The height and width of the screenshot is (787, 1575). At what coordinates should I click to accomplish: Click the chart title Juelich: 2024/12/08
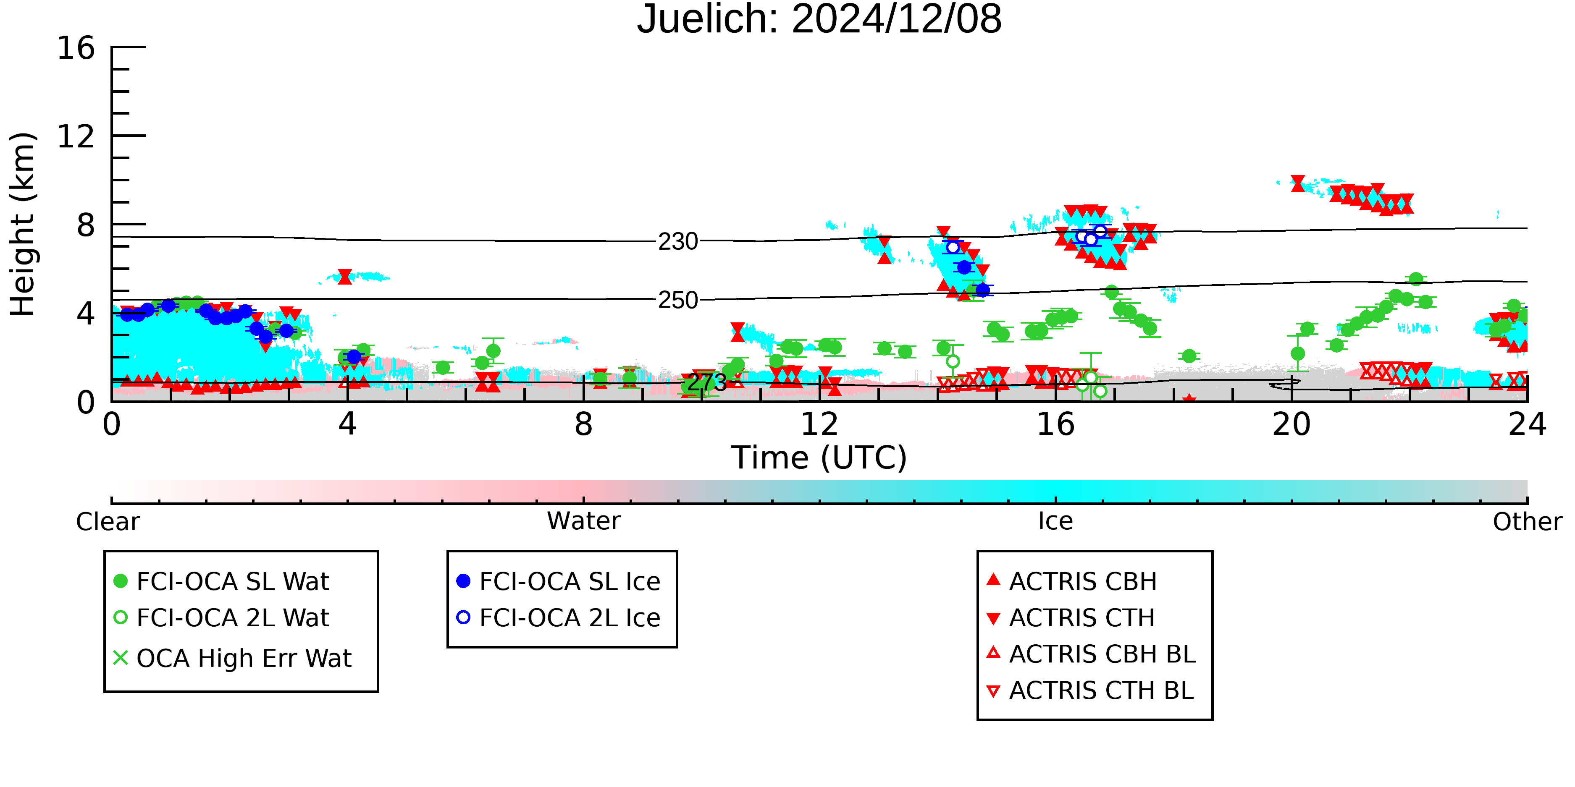(x=819, y=20)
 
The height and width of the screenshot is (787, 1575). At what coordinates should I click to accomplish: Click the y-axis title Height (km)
(x=23, y=224)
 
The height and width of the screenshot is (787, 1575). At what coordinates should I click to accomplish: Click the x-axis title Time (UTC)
(x=819, y=458)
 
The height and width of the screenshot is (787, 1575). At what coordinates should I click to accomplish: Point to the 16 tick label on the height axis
(x=76, y=48)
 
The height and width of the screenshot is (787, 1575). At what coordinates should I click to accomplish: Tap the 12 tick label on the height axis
(x=76, y=136)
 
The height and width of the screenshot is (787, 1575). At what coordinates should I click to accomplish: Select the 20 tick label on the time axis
(x=1291, y=425)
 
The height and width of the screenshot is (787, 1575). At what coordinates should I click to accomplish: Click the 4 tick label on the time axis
(x=347, y=425)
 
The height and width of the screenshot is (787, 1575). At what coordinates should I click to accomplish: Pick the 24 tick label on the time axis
(x=1527, y=425)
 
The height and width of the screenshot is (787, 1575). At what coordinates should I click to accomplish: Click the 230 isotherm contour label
(x=678, y=242)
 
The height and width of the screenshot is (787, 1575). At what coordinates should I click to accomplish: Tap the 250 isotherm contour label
(x=678, y=301)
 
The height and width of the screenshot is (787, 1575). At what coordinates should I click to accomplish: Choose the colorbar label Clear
(x=108, y=522)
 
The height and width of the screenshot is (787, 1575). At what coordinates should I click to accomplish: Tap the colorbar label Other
(x=1527, y=522)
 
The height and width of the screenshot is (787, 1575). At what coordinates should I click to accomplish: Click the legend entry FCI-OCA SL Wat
(x=221, y=581)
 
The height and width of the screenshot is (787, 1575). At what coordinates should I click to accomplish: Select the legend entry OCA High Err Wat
(x=232, y=659)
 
